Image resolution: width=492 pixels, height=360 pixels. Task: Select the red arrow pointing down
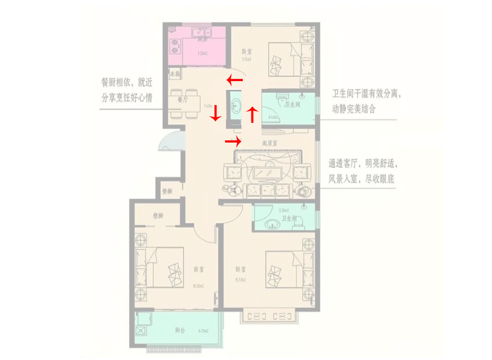point(215,113)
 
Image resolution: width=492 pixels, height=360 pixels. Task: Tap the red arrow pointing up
point(252,115)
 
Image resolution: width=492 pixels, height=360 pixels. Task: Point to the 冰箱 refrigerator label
point(175,73)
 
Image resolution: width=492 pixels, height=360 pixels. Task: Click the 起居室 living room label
point(270,143)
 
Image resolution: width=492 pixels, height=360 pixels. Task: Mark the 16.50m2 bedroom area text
point(197,286)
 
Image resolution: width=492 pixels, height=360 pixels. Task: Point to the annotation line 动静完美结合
point(354,109)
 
